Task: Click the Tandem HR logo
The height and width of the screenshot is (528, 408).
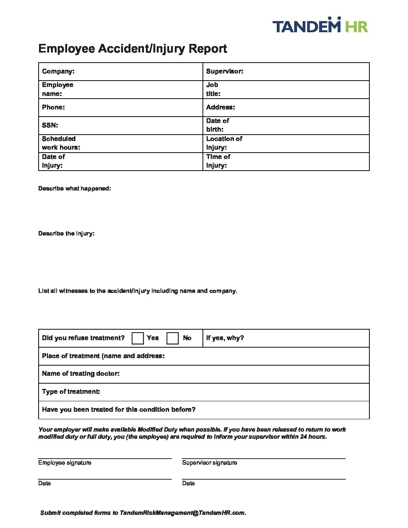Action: [x=320, y=25]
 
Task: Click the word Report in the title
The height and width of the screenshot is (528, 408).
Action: [x=208, y=49]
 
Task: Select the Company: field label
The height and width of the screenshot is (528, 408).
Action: [x=58, y=71]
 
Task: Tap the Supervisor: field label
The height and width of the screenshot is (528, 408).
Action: [x=225, y=71]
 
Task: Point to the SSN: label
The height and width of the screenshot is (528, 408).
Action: [x=50, y=125]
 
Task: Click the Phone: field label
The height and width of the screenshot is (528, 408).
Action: [x=53, y=107]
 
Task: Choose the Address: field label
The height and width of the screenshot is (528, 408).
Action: [x=220, y=107]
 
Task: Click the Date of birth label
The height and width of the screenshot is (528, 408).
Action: [x=217, y=125]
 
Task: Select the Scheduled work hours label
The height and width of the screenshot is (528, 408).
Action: [x=61, y=143]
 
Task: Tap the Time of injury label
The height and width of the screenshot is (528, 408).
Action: [x=218, y=161]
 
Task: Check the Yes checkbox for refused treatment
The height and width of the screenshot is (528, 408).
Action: [x=138, y=338]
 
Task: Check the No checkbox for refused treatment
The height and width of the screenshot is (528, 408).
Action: [x=172, y=338]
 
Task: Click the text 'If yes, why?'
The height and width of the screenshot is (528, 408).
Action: [x=225, y=338]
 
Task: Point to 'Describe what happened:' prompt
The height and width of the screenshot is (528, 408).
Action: [x=75, y=189]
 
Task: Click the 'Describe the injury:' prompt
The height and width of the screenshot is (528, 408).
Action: [x=66, y=234]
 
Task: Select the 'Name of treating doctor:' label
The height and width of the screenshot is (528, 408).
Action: [x=81, y=373]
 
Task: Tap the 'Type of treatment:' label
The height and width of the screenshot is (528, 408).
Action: [x=71, y=391]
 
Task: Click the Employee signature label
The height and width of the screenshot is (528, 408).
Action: [x=64, y=463]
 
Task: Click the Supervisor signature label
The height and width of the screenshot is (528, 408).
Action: [x=210, y=463]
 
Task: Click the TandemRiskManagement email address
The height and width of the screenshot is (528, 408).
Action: [x=182, y=513]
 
